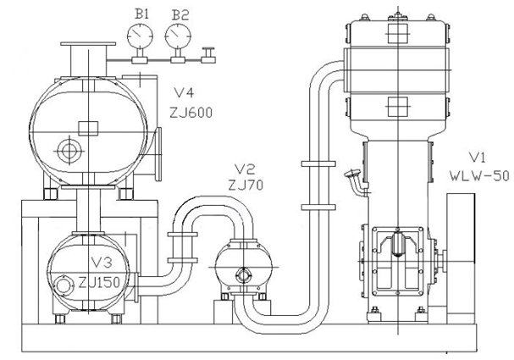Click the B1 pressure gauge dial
pos(140,36)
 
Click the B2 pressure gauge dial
pos(178,36)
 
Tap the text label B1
pos(142,14)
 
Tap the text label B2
pos(180,15)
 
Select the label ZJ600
pos(191,113)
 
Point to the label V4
pos(184,93)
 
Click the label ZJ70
pos(246,186)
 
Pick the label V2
pos(245,169)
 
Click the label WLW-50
pos(479,176)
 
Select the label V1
pos(478,158)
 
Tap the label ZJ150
pos(99,282)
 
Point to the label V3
pos(102,263)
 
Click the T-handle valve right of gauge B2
pos(208,55)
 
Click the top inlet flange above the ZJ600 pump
pos(88,44)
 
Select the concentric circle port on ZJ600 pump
pos(69,151)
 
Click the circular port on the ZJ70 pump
pos(243,274)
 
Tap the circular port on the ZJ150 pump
pos(63,285)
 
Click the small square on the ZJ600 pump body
pos(88,128)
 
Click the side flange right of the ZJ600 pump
pos(158,154)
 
